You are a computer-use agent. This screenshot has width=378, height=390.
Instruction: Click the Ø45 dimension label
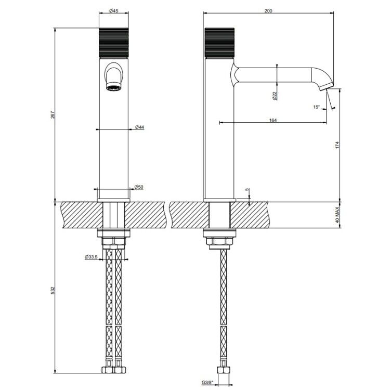click(114, 11)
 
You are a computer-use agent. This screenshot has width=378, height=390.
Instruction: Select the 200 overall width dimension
click(268, 11)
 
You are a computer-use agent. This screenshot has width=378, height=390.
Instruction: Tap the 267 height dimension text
click(52, 115)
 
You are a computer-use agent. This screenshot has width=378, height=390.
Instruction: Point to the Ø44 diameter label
click(139, 127)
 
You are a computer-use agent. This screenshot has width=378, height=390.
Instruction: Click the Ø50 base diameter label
click(139, 187)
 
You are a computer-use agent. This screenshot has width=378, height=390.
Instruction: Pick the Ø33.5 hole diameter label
click(91, 257)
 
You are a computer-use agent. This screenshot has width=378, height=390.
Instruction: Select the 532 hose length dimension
click(52, 291)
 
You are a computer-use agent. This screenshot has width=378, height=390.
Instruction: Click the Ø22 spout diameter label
click(275, 96)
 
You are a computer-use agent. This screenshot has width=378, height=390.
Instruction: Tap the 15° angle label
click(316, 107)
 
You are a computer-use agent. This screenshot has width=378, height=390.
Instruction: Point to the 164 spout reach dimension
click(273, 120)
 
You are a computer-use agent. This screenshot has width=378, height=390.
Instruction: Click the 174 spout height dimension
click(337, 145)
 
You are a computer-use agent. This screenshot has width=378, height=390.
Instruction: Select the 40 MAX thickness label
click(337, 215)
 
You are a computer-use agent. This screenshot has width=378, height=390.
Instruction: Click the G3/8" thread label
click(207, 382)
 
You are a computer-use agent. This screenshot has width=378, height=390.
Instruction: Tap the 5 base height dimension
click(246, 189)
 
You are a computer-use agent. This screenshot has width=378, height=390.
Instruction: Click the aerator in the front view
click(114, 87)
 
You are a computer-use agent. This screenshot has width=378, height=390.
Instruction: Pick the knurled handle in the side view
click(219, 43)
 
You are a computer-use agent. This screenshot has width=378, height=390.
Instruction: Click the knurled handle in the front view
click(114, 43)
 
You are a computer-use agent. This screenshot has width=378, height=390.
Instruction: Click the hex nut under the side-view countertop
click(219, 241)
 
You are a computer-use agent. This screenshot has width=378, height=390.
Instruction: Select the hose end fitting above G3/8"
click(224, 370)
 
